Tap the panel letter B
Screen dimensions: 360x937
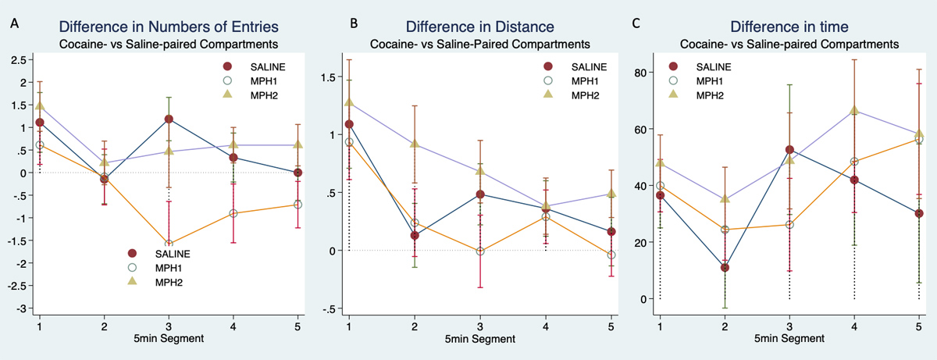pyautogui.click(x=354, y=23)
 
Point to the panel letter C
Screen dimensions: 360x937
pyautogui.click(x=636, y=23)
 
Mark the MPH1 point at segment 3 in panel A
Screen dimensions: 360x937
pyautogui.click(x=169, y=244)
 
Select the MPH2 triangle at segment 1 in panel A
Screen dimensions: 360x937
pyautogui.click(x=40, y=105)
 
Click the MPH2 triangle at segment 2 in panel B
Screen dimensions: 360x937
pyautogui.click(x=415, y=144)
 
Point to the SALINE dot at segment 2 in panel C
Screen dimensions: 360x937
pyautogui.click(x=725, y=268)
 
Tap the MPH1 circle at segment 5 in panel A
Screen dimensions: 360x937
pyautogui.click(x=297, y=205)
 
